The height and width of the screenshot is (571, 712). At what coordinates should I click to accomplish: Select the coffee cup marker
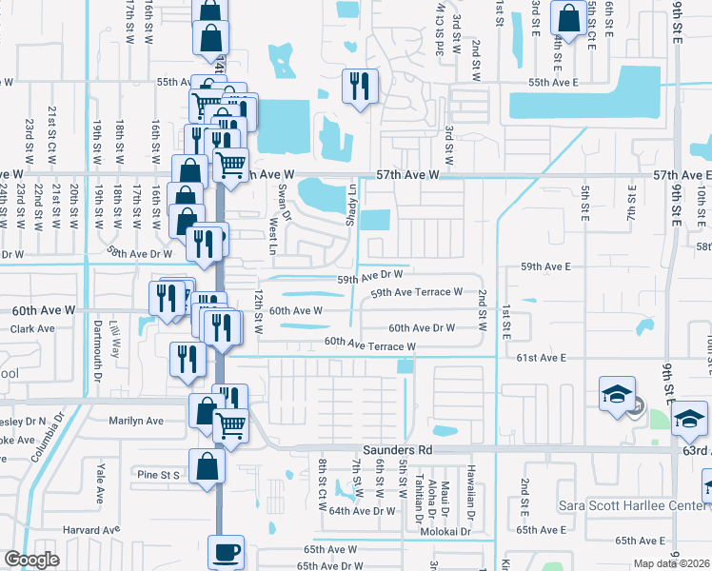coord(227,552)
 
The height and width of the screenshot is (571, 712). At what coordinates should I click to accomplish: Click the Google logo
coord(31,560)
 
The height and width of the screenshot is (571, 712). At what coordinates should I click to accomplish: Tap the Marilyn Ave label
coord(136,421)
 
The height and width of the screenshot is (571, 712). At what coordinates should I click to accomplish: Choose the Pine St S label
coord(157,473)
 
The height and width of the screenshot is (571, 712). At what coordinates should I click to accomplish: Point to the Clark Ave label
coord(33,329)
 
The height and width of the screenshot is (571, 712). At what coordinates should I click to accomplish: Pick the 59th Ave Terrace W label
coord(416,292)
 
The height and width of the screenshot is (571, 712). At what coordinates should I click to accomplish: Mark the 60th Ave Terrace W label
coord(369,344)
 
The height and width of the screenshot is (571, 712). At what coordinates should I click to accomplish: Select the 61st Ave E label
coord(542,358)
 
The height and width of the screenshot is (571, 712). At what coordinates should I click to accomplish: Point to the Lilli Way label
coord(115,337)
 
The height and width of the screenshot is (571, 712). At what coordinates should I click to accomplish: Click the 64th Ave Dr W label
coord(362,511)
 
